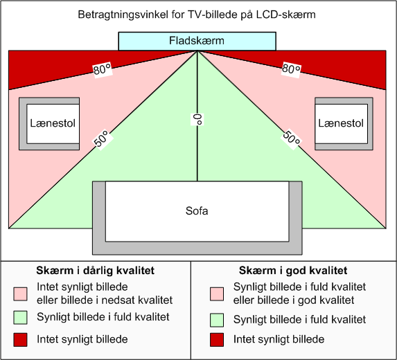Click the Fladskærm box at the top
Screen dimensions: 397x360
pos(197,42)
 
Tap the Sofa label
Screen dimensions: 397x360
pos(197,211)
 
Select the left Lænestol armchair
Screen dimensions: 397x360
pos(49,124)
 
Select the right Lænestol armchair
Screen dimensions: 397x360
pos(344,124)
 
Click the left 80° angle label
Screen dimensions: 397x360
pos(103,69)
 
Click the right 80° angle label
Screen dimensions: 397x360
pos(291,69)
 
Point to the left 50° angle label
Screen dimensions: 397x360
pos(103,139)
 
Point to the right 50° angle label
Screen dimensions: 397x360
pos(292,139)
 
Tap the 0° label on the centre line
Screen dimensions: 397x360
pos(197,119)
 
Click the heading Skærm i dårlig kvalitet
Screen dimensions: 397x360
pos(95,271)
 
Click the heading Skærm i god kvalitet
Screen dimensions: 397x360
pos(293,271)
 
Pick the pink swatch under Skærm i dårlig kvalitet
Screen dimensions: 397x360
pos(20,294)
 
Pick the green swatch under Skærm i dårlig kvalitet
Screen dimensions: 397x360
pos(20,318)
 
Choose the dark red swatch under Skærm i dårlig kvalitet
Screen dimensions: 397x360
pos(20,340)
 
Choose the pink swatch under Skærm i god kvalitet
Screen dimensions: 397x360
pos(217,294)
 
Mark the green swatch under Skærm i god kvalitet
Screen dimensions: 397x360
pos(217,320)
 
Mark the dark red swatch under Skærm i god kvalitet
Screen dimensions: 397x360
pos(217,340)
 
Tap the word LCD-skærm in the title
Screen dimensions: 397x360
pos(286,15)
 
